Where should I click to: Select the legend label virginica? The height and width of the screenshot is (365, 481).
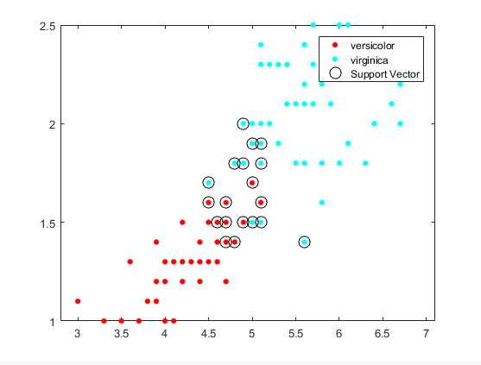coord(370,60)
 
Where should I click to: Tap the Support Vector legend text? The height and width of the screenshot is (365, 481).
coord(384,75)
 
